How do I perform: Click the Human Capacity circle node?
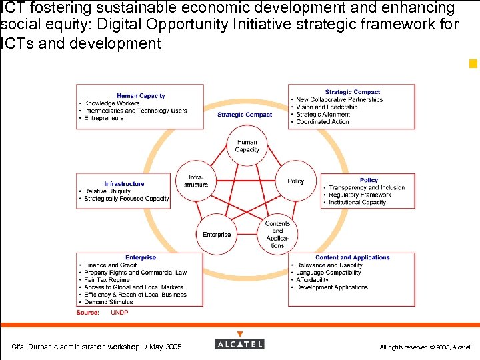247,146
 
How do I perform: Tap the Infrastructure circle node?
197,181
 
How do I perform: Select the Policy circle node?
295,181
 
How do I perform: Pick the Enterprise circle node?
217,234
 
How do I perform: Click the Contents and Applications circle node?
277,234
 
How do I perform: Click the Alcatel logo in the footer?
240,344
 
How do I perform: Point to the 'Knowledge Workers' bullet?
111,103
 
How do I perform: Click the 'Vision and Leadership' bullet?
327,107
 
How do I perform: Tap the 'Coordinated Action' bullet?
323,122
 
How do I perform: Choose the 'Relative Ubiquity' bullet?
107,191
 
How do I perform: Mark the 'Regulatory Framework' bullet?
360,195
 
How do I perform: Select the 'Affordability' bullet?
313,280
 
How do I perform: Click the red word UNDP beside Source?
119,312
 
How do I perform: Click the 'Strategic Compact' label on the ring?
245,115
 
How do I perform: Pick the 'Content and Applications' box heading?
352,257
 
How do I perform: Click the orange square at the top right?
473,64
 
